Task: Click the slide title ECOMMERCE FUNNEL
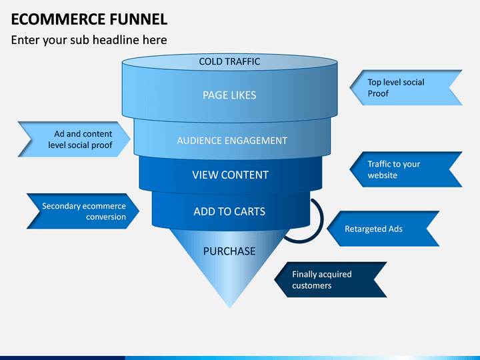tap(89, 19)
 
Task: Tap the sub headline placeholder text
tap(89, 40)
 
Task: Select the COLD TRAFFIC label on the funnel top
tap(229, 61)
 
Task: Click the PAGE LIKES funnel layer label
tap(229, 95)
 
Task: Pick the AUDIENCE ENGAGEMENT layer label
tap(232, 141)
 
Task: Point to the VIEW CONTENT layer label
tap(230, 175)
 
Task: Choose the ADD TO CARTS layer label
tap(229, 211)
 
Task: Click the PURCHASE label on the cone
tap(229, 251)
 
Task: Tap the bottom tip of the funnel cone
tap(230, 307)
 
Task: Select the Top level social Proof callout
tap(406, 87)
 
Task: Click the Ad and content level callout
tap(74, 139)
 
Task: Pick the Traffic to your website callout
tap(406, 169)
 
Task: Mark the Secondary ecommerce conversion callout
tap(83, 211)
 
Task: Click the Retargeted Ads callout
tap(383, 229)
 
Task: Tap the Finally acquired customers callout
tap(331, 279)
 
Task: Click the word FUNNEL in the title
tap(139, 19)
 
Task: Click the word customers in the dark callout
tap(311, 285)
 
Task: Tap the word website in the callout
tap(383, 175)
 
